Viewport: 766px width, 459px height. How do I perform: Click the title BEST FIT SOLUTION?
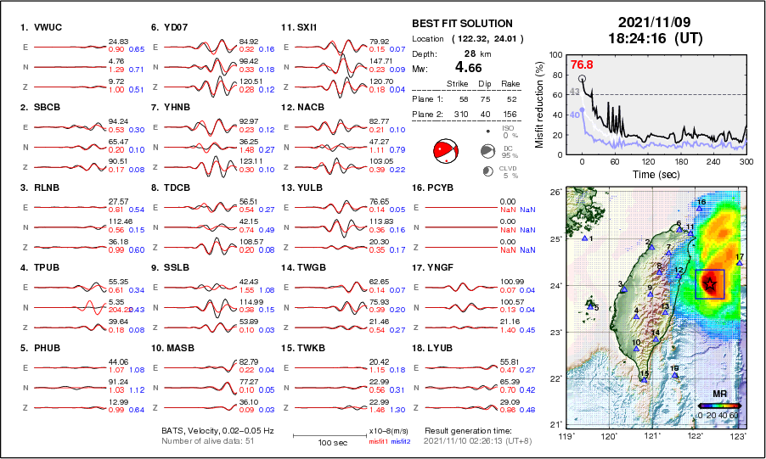point(462,24)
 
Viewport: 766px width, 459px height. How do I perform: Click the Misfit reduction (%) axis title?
point(539,104)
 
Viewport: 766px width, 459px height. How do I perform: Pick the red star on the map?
point(709,283)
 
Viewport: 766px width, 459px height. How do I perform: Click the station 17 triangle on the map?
point(740,263)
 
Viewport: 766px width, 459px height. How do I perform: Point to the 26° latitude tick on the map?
point(554,193)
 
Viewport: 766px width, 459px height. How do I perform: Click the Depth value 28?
point(469,53)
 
